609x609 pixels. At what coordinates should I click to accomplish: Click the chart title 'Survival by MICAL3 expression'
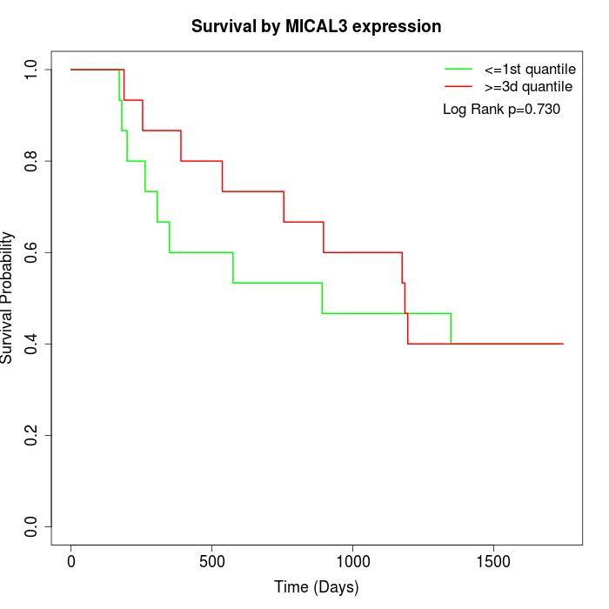click(316, 27)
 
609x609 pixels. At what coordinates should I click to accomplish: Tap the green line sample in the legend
click(458, 68)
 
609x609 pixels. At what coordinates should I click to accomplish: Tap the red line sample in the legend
click(458, 86)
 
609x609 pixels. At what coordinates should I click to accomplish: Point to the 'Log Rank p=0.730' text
click(501, 110)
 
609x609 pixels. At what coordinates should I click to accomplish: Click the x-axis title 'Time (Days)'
click(316, 587)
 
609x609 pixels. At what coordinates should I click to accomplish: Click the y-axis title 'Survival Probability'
click(8, 298)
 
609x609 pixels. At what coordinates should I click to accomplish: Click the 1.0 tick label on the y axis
click(32, 70)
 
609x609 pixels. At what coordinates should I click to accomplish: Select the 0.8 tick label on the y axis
click(32, 161)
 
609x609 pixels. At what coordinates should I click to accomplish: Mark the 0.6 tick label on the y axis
click(32, 252)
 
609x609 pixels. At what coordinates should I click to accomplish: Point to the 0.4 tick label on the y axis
click(32, 344)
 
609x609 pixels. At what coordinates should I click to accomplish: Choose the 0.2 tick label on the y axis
click(32, 435)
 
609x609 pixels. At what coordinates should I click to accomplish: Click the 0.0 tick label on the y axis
click(32, 526)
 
